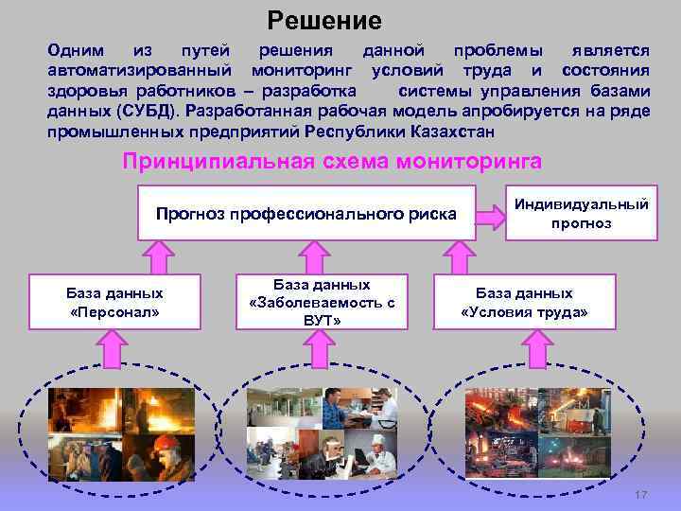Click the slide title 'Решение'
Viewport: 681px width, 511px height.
click(x=323, y=19)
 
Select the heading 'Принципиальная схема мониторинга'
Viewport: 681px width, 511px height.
click(x=333, y=161)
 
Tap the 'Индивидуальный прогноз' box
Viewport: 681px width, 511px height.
click(x=582, y=214)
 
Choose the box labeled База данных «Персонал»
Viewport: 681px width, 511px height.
click(x=114, y=302)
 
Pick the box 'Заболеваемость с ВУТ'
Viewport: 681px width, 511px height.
click(x=321, y=302)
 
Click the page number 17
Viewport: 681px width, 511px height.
click(x=640, y=495)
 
